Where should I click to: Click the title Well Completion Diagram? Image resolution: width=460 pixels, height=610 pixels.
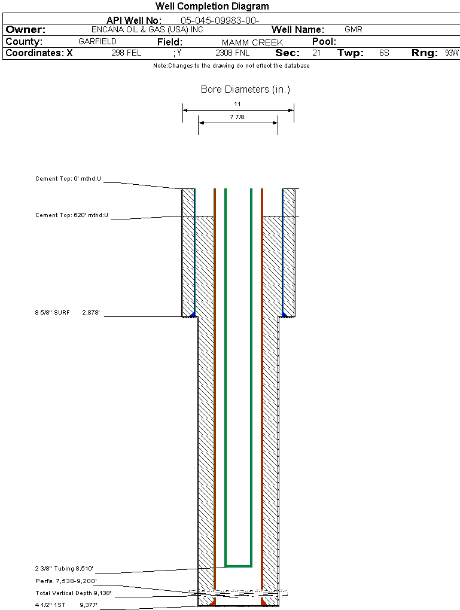[x=212, y=7]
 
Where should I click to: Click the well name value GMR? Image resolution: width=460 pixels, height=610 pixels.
[x=354, y=29]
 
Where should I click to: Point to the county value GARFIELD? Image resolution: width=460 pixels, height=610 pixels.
[x=98, y=41]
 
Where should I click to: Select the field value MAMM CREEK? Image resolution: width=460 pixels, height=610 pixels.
[x=252, y=42]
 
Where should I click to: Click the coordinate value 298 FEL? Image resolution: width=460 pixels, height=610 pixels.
[x=126, y=53]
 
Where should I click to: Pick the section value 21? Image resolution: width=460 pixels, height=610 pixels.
[x=316, y=53]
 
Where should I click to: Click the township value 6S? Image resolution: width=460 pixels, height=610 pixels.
[x=384, y=53]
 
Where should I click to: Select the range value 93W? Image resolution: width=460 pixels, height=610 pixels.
[x=452, y=53]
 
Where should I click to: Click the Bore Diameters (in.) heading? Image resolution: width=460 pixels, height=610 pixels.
[x=245, y=90]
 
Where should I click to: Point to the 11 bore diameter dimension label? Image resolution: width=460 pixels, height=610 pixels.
[x=237, y=103]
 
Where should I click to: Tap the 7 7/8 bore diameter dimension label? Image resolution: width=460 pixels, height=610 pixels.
[x=237, y=117]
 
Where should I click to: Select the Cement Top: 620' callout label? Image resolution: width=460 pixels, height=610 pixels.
[x=72, y=215]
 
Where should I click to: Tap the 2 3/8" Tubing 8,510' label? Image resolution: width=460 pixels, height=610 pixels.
[x=64, y=569]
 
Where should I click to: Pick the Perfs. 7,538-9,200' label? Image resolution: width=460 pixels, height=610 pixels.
[x=66, y=581]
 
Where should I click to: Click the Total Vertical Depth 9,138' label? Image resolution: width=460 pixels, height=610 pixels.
[x=73, y=593]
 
